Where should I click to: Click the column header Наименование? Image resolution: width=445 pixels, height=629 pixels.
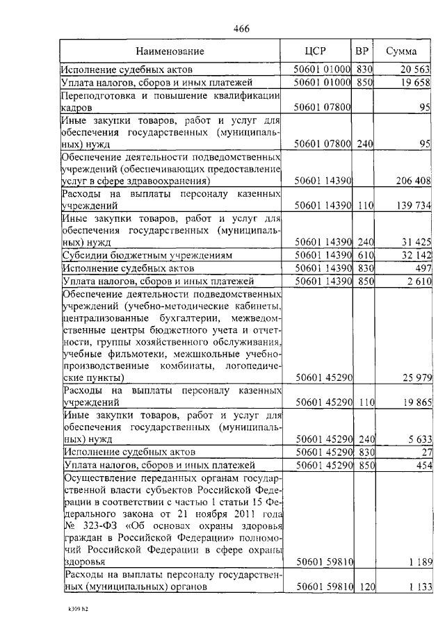(x=170, y=51)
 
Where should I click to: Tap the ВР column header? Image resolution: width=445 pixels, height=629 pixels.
(x=362, y=51)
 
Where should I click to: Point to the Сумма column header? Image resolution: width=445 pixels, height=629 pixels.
(x=401, y=51)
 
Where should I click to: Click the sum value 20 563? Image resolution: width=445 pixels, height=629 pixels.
(x=416, y=70)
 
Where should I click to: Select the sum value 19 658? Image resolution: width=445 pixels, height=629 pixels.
(x=416, y=83)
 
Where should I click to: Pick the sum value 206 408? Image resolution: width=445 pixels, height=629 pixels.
(x=414, y=181)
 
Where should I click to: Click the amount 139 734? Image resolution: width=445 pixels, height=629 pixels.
(x=414, y=206)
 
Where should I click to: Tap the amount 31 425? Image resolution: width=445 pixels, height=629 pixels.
(x=416, y=242)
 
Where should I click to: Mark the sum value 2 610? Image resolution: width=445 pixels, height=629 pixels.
(x=419, y=281)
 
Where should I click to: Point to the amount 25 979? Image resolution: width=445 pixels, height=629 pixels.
(x=416, y=377)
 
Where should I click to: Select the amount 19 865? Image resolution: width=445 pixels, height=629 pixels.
(x=416, y=402)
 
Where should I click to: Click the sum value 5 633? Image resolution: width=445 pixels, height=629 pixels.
(x=419, y=439)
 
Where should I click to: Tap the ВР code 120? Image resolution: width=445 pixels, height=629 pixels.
(x=366, y=587)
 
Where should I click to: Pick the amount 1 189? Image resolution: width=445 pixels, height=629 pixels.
(x=419, y=562)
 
